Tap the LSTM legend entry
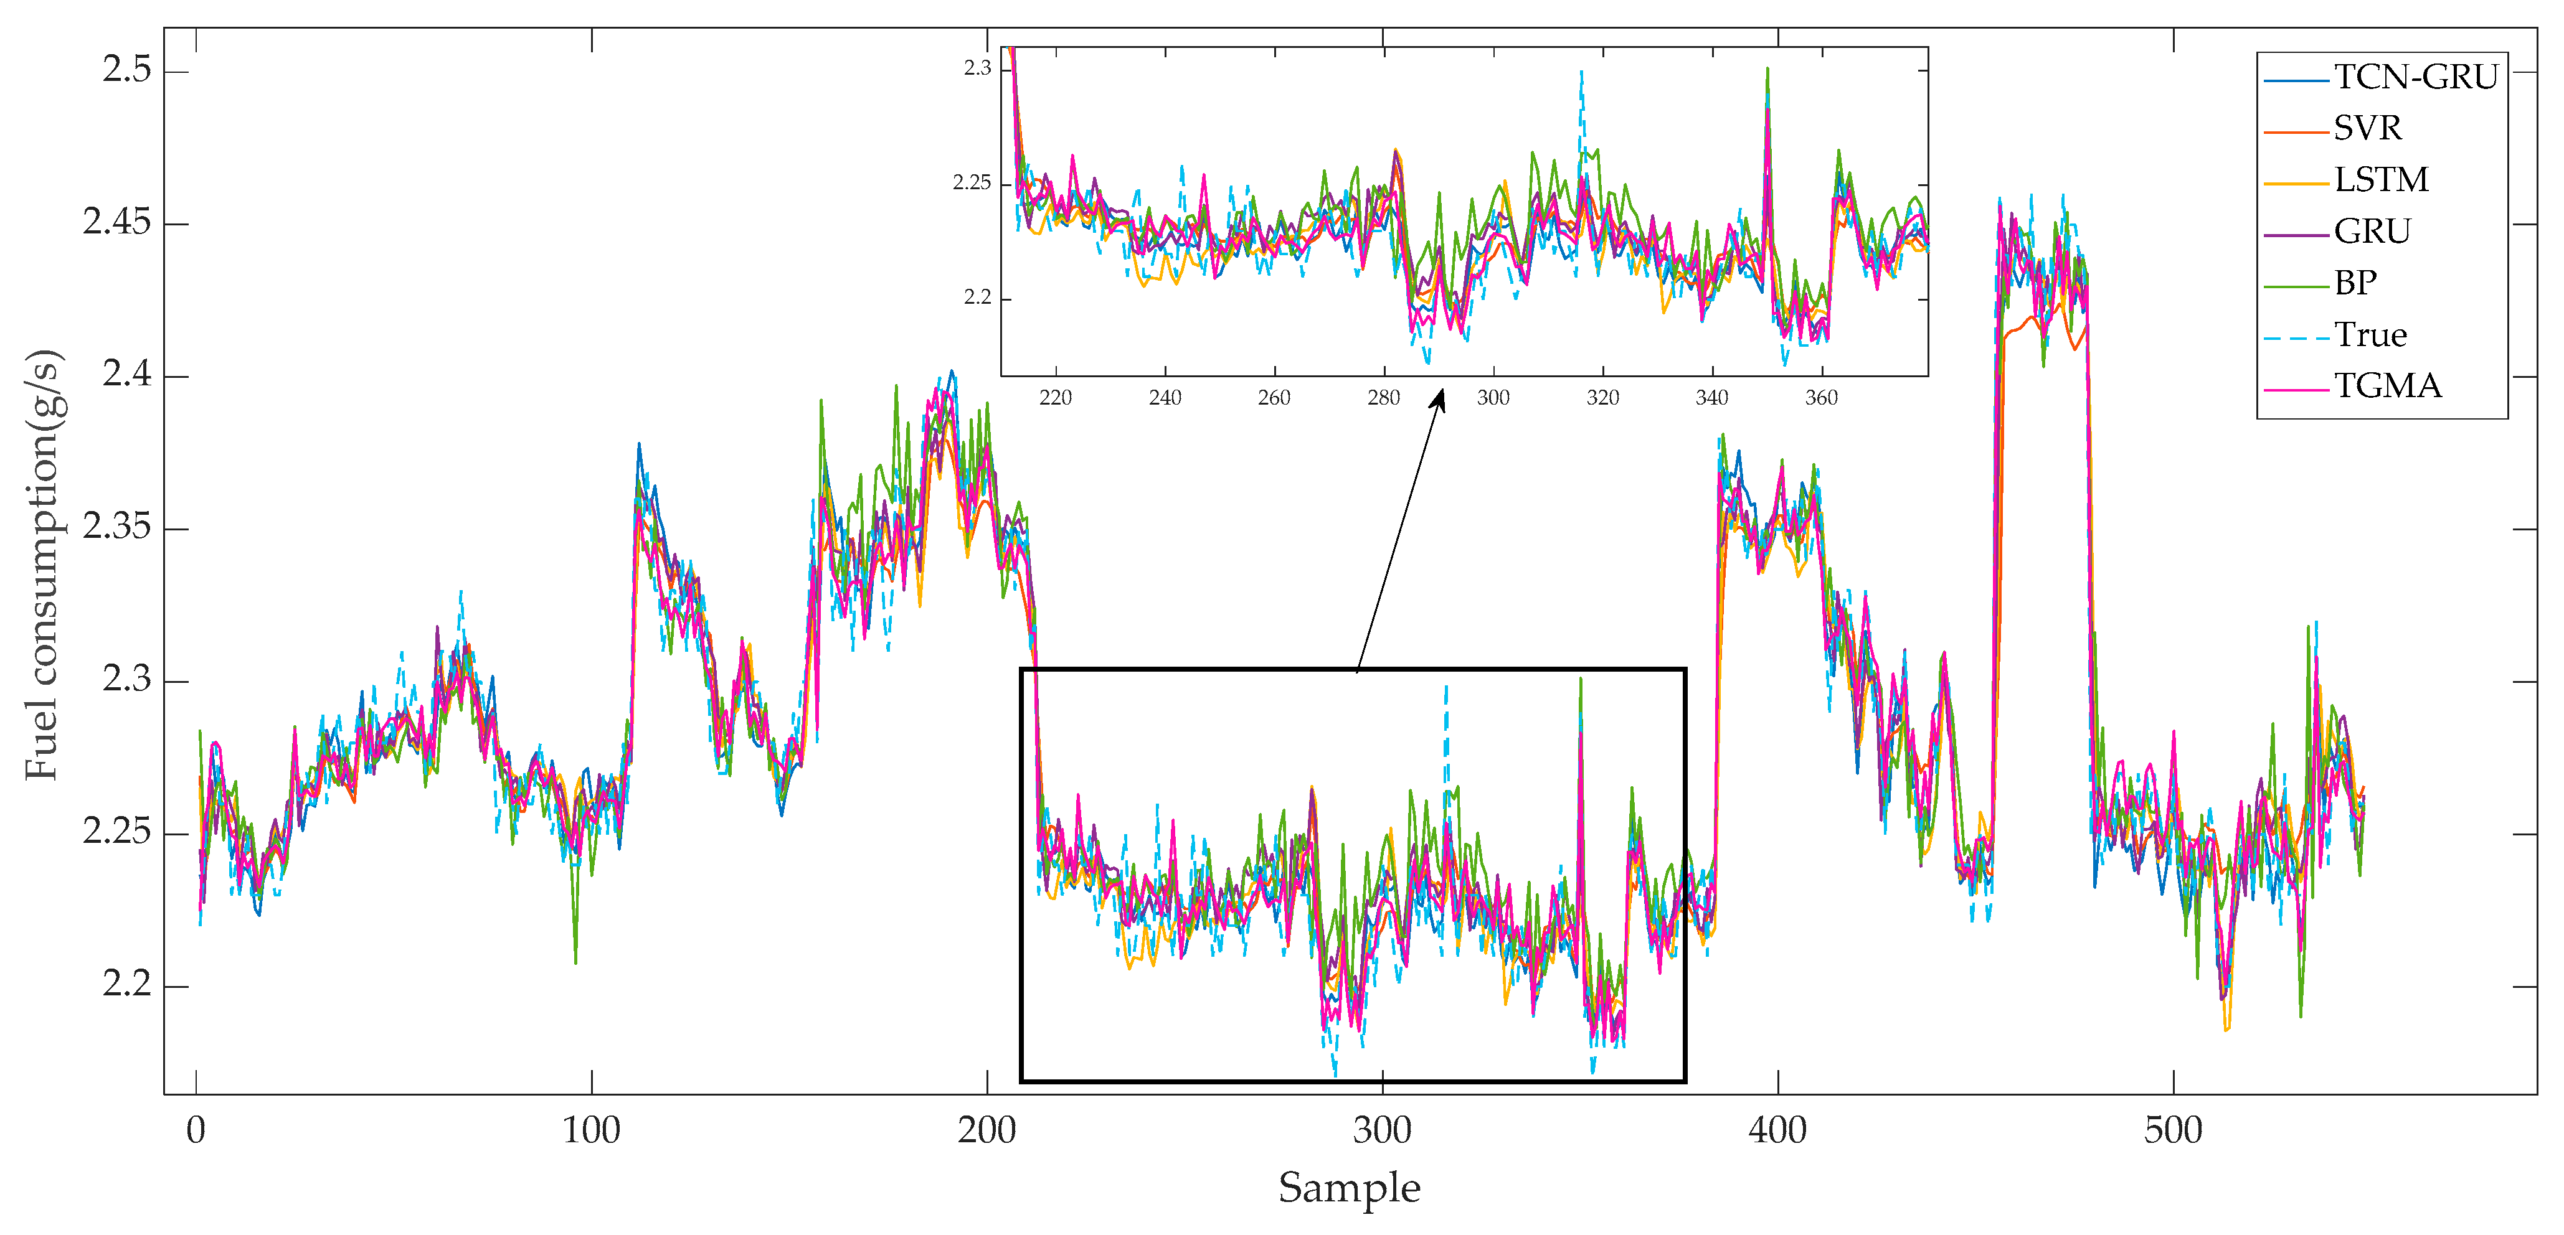2381,180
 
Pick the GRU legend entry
2372,232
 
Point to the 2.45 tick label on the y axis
118,222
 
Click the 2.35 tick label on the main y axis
118,527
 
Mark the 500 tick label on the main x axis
2173,1130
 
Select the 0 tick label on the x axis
196,1130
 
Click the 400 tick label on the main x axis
1777,1130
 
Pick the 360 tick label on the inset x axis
1822,398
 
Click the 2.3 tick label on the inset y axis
977,68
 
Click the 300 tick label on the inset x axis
1493,398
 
